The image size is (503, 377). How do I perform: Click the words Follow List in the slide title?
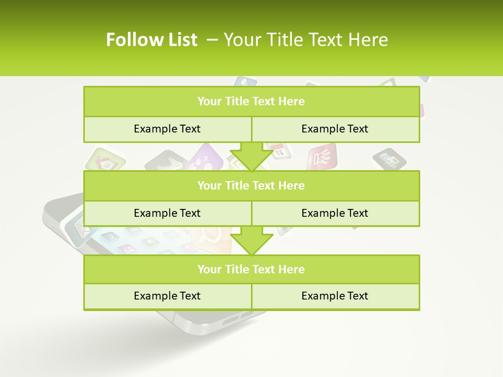pos(151,40)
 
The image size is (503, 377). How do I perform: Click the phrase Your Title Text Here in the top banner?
pos(305,40)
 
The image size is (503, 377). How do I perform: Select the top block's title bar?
pos(251,102)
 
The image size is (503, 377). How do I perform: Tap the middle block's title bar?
pos(251,185)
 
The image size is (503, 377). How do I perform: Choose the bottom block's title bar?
pos(251,269)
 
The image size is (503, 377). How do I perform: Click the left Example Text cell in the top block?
pos(167,129)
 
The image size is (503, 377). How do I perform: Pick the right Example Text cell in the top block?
pos(335,129)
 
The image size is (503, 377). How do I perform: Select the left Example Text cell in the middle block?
pos(167,213)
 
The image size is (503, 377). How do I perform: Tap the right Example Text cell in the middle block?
pos(335,213)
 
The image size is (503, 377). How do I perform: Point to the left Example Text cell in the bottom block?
pos(167,296)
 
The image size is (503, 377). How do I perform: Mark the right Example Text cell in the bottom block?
pos(335,296)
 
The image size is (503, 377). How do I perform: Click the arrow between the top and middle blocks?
pos(251,157)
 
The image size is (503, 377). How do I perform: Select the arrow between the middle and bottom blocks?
pos(251,240)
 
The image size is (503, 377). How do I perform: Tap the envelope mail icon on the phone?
pos(78,231)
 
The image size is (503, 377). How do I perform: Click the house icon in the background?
pos(106,160)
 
